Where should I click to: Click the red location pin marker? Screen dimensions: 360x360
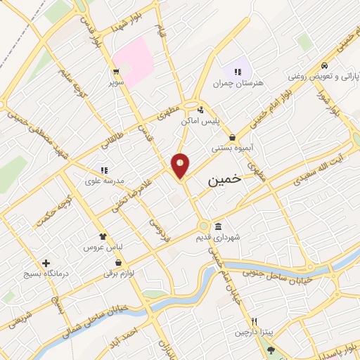coord(181,165)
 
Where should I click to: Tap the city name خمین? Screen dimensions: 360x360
coord(225,180)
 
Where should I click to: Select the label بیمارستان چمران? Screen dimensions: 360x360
coord(238,83)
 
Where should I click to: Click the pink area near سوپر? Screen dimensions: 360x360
coord(134,56)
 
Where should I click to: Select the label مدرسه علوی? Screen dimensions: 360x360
coord(105,180)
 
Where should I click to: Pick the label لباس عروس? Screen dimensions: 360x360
coord(103,248)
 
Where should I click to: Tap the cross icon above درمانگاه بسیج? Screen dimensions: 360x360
coord(46,262)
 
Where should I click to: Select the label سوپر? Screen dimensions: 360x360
coord(115,82)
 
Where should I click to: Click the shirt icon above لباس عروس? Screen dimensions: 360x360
coord(103,238)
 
